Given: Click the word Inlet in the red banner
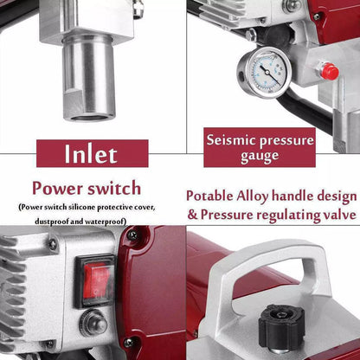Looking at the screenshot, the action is [91, 153].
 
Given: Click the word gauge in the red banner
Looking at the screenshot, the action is [260, 157].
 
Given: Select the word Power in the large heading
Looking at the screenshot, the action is [57, 189].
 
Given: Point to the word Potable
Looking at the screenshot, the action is [209, 196].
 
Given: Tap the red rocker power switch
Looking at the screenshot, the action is [95, 280].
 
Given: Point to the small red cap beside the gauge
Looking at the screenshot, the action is [329, 71].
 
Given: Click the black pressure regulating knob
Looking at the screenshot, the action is [281, 326].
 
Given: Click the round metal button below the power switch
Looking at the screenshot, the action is [93, 323].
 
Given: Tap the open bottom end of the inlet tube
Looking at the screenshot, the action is [89, 117].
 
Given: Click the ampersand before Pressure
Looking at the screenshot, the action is [192, 215].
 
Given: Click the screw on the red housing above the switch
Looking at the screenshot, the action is [132, 235].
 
